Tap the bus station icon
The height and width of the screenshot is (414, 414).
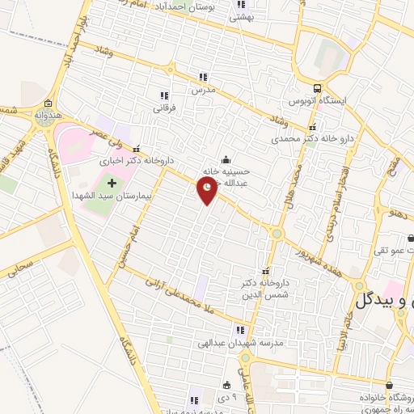[x=319, y=89]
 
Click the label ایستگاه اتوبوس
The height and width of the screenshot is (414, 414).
[x=319, y=103]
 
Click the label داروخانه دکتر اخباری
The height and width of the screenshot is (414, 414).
[x=133, y=160]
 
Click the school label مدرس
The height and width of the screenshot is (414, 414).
[x=202, y=90]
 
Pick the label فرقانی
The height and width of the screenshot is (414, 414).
[x=164, y=106]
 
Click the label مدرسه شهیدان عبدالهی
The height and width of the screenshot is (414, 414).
[x=239, y=343]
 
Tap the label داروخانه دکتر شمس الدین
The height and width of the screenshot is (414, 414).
[x=264, y=289]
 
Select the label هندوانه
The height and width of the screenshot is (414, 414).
[x=49, y=116]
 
